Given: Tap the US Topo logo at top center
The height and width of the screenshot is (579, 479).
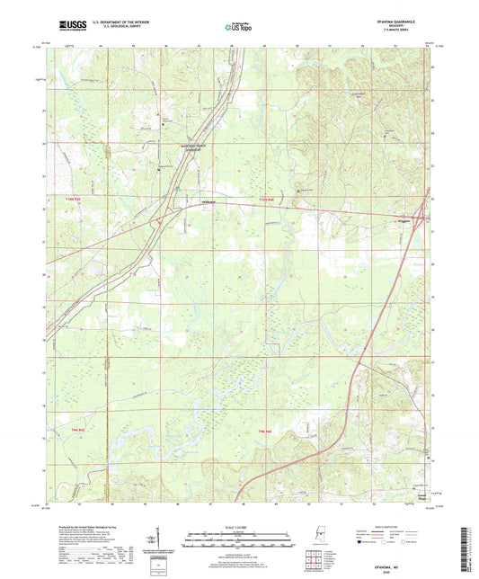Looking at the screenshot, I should point(238,27).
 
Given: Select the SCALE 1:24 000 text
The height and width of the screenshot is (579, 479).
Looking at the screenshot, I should point(239,526).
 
